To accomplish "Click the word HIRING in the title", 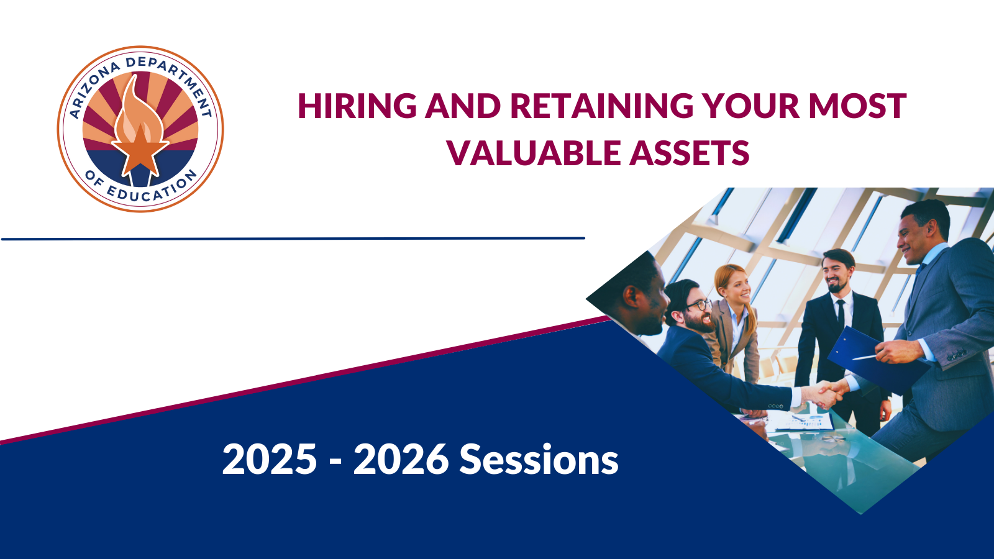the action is tap(357, 106).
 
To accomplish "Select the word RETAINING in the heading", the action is tap(601, 106).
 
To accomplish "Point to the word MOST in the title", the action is tap(857, 106).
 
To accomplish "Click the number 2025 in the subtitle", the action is tap(270, 459).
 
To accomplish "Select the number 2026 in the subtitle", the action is tap(401, 459).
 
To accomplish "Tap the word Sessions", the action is tap(539, 459).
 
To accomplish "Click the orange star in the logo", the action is tap(140, 151).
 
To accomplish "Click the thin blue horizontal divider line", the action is tap(293, 239).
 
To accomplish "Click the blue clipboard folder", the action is tap(877, 360).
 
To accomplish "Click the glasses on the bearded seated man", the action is tap(699, 305).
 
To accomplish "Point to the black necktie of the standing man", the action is tap(841, 314).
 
